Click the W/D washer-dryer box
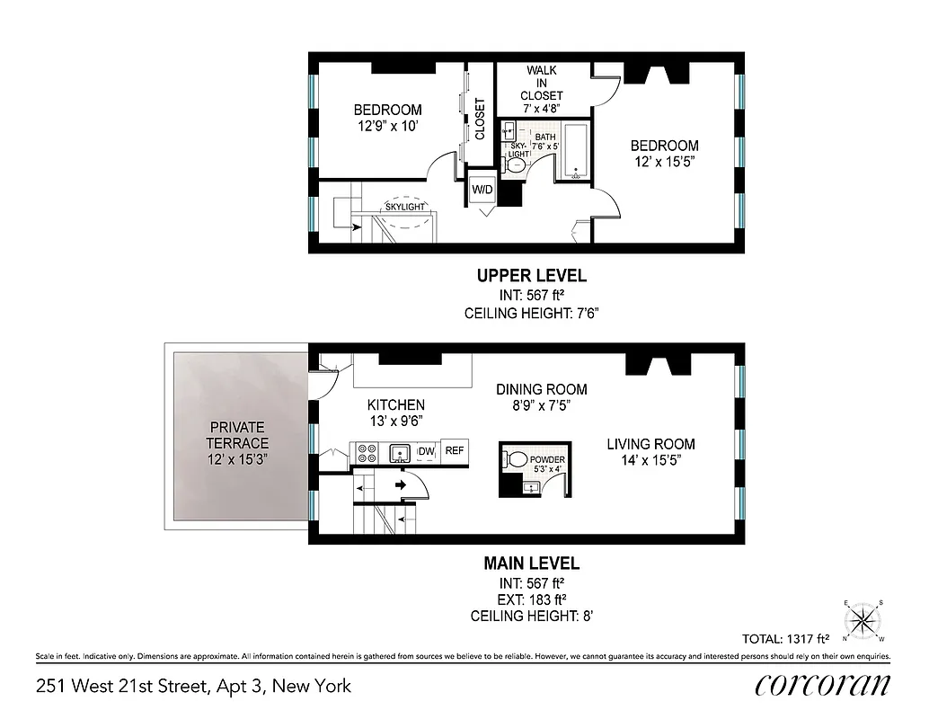pos(482,191)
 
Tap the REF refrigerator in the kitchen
pos(455,451)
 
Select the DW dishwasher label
pos(427,451)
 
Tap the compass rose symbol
pos(864,619)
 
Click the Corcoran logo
pos(823,685)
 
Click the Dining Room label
pos(542,389)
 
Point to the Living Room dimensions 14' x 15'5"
pos(650,462)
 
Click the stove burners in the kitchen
pos(367,451)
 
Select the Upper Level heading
pos(531,276)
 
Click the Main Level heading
pos(531,564)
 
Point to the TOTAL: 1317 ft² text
pos(785,639)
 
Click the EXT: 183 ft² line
pos(531,599)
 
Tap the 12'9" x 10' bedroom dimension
pos(387,128)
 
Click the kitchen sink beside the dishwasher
pos(401,452)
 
